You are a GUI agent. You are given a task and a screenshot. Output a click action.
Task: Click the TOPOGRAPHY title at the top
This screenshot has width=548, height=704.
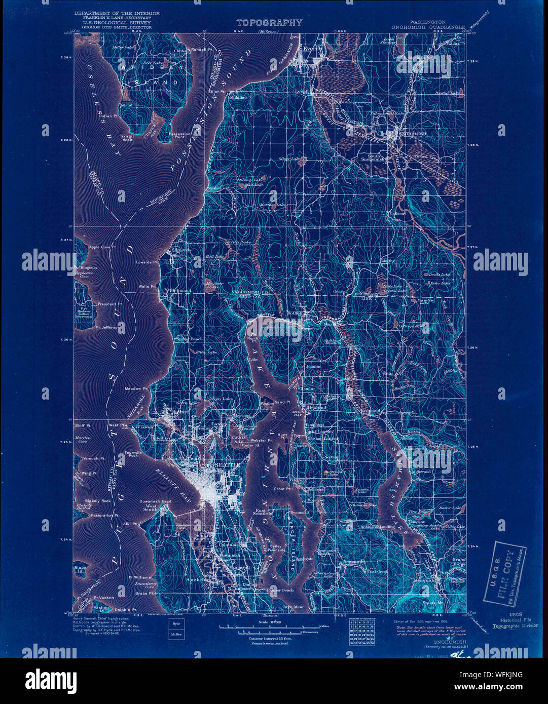[269, 23]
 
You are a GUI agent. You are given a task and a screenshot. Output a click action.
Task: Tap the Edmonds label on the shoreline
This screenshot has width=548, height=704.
[181, 250]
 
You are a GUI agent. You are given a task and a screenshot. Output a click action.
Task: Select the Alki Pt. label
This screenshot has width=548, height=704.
[131, 525]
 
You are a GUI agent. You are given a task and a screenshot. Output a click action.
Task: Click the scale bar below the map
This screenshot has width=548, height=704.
[269, 629]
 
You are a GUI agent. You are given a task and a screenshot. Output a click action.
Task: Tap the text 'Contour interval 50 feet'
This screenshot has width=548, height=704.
[269, 639]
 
